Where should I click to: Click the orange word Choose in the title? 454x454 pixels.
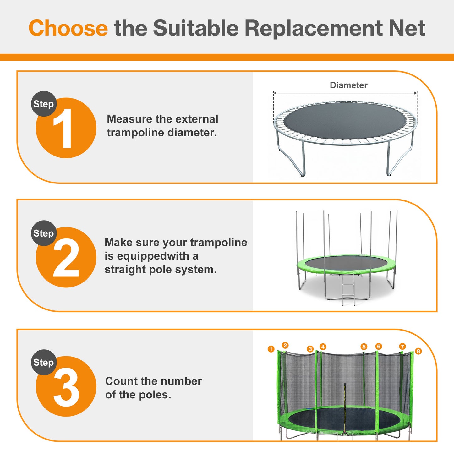68,28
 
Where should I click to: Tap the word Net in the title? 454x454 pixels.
407,28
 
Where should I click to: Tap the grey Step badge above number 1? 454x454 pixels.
44,104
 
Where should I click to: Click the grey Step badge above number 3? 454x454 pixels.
44,362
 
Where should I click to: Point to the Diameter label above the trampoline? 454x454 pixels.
348,85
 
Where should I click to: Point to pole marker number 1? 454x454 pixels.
271,349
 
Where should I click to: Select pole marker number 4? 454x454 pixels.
323,347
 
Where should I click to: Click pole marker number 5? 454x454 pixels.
364,347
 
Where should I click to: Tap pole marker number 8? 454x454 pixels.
418,351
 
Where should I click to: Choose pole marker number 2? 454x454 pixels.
285,345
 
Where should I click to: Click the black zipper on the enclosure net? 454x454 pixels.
345,408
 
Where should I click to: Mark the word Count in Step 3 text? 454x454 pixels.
122,381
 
